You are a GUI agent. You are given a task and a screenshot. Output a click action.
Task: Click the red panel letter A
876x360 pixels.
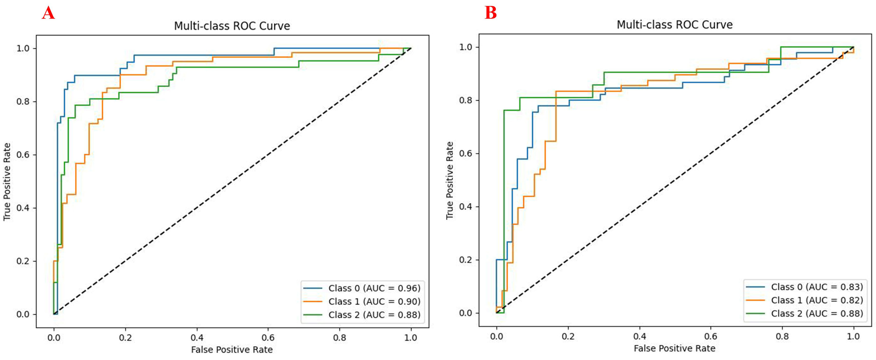click(48, 14)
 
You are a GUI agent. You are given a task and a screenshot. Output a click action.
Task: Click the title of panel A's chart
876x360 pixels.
click(232, 26)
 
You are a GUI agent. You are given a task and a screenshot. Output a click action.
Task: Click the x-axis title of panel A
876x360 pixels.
click(232, 349)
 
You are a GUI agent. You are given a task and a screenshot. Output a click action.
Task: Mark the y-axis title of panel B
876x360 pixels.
click(450, 180)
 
